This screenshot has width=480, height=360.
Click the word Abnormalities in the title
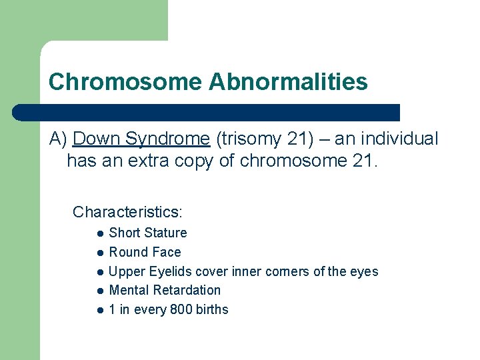pos(288,82)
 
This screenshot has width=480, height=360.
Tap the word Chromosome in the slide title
pos(125,82)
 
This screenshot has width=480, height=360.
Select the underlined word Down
pos(96,139)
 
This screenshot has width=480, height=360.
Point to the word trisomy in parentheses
pos(247,139)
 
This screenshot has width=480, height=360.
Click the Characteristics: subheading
pos(127,212)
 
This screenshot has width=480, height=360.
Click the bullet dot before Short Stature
pos(98,233)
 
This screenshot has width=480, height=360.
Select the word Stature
pos(166,233)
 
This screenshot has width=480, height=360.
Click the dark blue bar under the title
pos(207,112)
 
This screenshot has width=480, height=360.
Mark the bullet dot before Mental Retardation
pos(98,291)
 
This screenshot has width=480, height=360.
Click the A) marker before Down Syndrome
pos(59,139)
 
